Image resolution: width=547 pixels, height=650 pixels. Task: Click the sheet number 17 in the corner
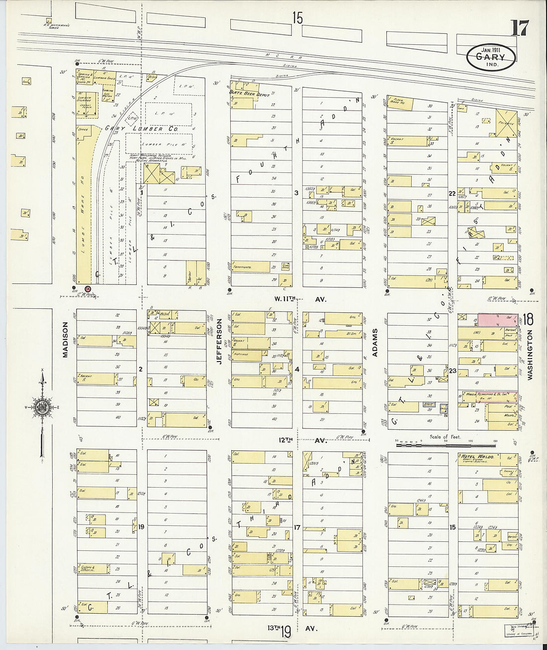click(x=519, y=28)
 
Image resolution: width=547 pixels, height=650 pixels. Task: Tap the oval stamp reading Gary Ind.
click(x=490, y=57)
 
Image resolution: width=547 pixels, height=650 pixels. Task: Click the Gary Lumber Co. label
click(x=141, y=129)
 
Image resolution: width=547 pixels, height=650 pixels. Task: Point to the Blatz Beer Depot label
click(x=249, y=93)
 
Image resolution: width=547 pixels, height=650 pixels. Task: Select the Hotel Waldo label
click(x=477, y=456)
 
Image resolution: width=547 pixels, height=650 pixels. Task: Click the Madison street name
click(x=65, y=339)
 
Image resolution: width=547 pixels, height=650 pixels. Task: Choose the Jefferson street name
click(x=219, y=342)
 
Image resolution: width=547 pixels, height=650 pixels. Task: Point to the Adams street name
click(x=375, y=342)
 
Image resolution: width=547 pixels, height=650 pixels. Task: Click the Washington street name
click(x=530, y=355)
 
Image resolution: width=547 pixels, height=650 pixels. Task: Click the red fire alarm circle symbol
click(x=88, y=289)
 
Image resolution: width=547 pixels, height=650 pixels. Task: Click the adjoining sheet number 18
click(x=528, y=319)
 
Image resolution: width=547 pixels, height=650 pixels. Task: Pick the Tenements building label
click(x=244, y=267)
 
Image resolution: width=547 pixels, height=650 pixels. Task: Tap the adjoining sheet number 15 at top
click(x=297, y=18)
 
